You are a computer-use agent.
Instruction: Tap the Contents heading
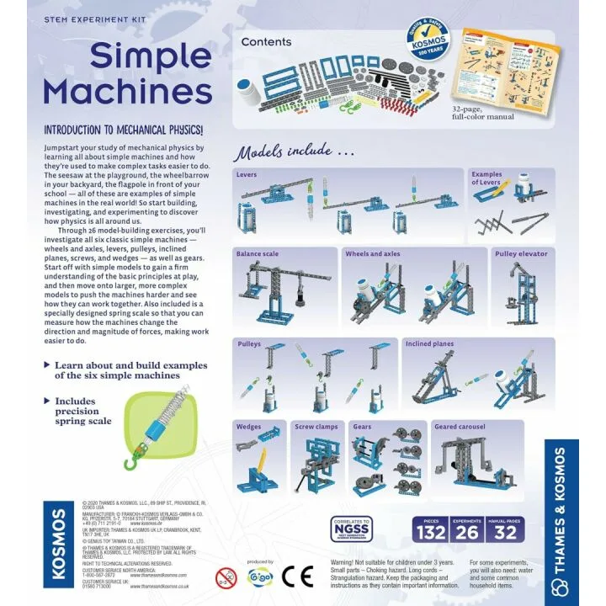tap(266, 42)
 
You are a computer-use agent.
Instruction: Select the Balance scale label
tap(258, 253)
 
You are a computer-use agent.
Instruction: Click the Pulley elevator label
tap(521, 253)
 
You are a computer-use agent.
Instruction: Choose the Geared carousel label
tap(460, 427)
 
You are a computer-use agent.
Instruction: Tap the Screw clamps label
tap(316, 427)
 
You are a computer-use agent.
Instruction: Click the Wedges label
tap(249, 427)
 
